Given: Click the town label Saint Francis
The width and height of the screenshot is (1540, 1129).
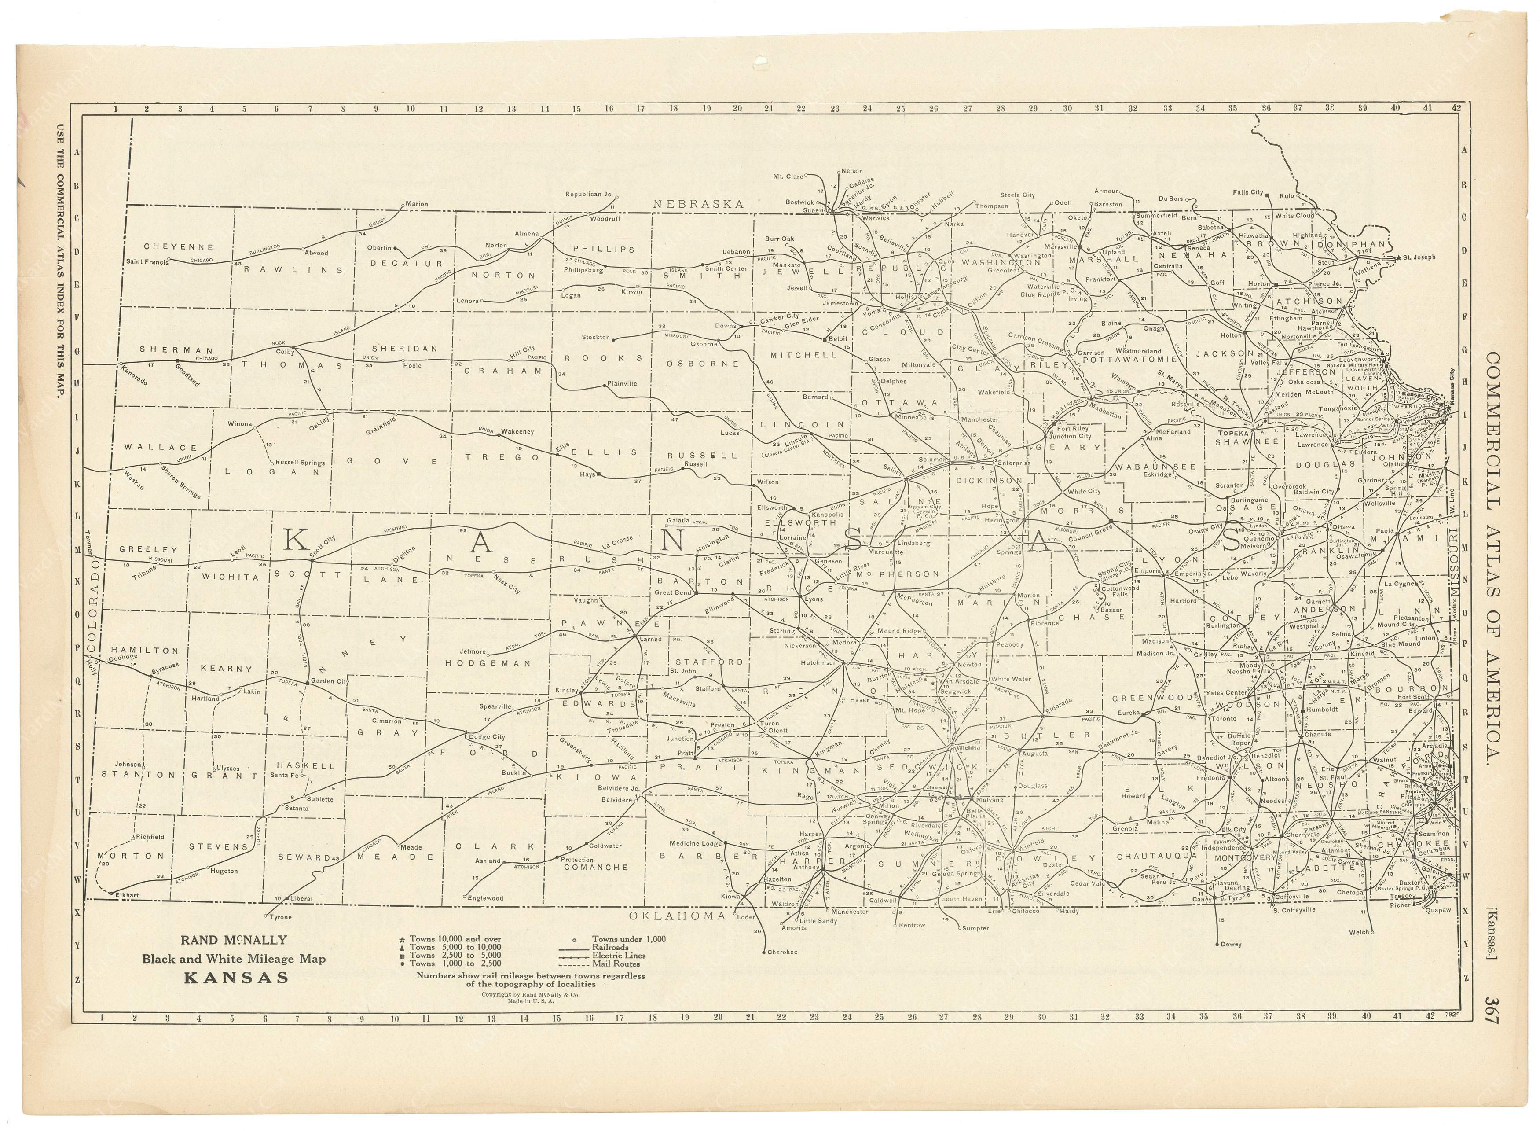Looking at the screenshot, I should [147, 262].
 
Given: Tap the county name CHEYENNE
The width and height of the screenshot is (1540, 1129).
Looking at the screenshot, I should [178, 247].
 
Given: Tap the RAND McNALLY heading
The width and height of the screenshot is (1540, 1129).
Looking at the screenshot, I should [234, 940].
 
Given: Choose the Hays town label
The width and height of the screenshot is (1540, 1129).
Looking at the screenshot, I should [587, 474].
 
